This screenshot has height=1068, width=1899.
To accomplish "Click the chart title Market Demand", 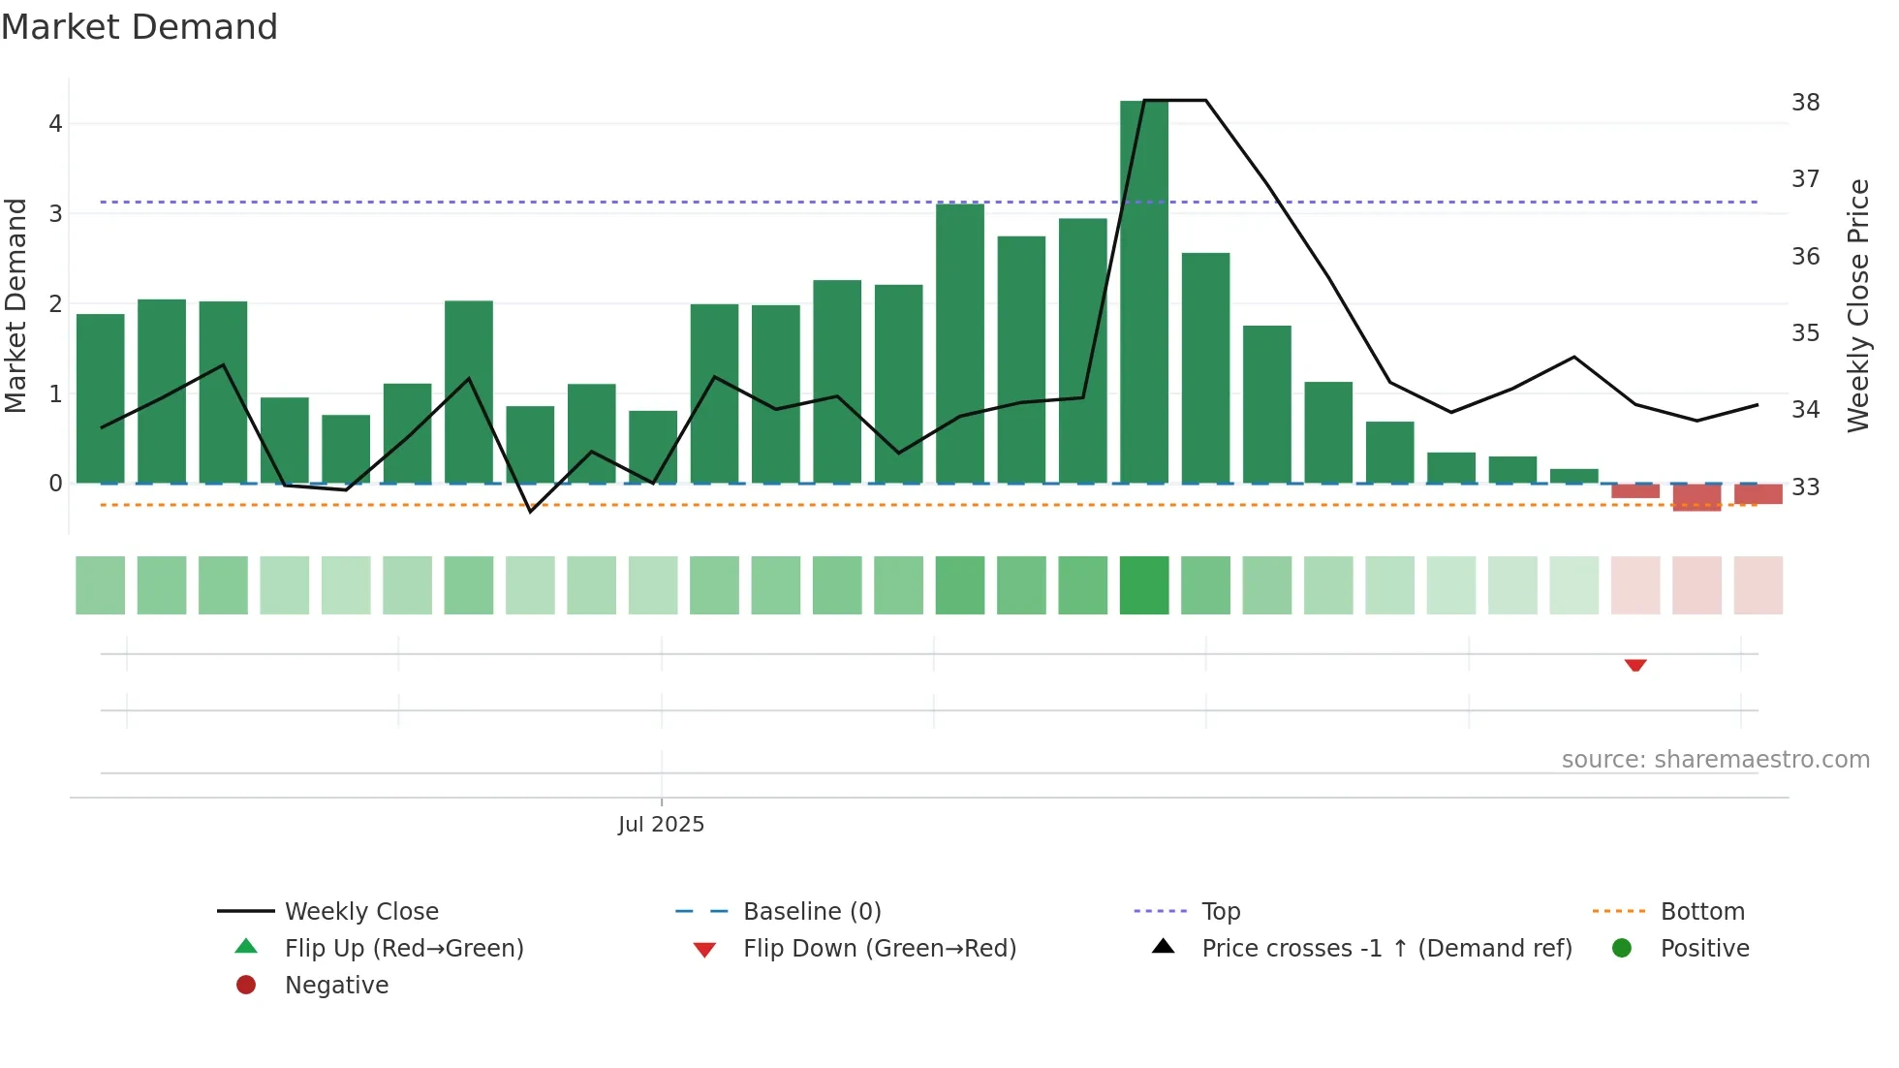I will point(140,27).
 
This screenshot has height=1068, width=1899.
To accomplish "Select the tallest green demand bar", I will point(1143,291).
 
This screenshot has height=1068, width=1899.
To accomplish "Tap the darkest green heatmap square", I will point(1144,585).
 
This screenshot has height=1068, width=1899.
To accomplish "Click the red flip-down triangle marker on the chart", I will point(1635,666).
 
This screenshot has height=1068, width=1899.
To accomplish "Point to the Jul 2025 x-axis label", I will point(661,825).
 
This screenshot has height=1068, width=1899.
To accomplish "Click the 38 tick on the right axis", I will point(1805,103).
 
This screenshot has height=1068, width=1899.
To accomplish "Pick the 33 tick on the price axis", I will point(1805,487).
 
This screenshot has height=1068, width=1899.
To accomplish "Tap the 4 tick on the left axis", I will point(55,124).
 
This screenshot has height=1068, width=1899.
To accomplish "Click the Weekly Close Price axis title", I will point(1857,305).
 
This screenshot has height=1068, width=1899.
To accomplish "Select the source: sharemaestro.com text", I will point(1715,760).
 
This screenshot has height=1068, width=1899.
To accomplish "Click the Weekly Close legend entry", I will point(360,912).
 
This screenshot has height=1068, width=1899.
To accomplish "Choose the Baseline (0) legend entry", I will point(811,912).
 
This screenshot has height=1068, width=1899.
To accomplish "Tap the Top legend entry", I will point(1220,912).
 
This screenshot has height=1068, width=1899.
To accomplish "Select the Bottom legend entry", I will point(1701,912).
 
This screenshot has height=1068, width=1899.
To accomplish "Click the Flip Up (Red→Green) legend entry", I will point(403,949).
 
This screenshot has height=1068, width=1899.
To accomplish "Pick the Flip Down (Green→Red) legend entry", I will point(879,949).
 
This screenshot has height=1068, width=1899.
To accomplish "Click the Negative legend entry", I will point(335,986).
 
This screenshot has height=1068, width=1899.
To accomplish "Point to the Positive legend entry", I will point(1704,949).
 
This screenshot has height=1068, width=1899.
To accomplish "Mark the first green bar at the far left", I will point(101,398).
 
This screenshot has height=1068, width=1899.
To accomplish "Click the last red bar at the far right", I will point(1758,494).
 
